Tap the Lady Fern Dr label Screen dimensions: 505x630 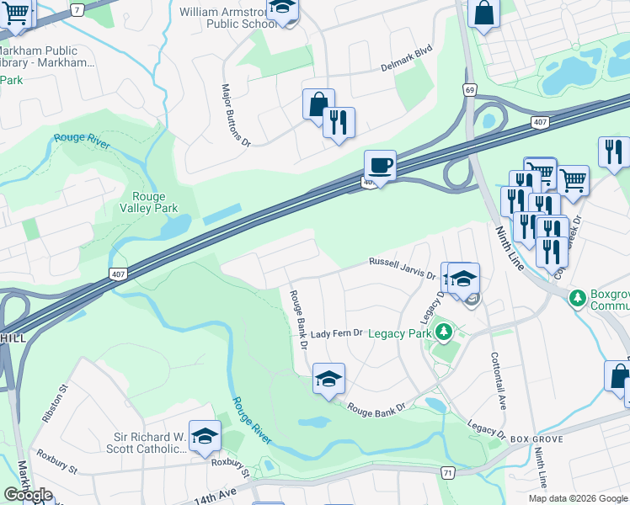pos(336,334)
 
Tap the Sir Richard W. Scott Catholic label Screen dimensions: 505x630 pos(150,443)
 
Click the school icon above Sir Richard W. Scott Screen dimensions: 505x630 pos(205,435)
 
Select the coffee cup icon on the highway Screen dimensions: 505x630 pos(380,165)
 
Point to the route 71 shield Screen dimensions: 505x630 pos(446,474)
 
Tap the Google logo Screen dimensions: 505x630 pos(28,495)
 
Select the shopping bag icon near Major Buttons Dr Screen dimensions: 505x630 pos(318,104)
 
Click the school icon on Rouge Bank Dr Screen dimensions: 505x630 pos(328,378)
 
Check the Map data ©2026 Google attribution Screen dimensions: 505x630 pos(578,498)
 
